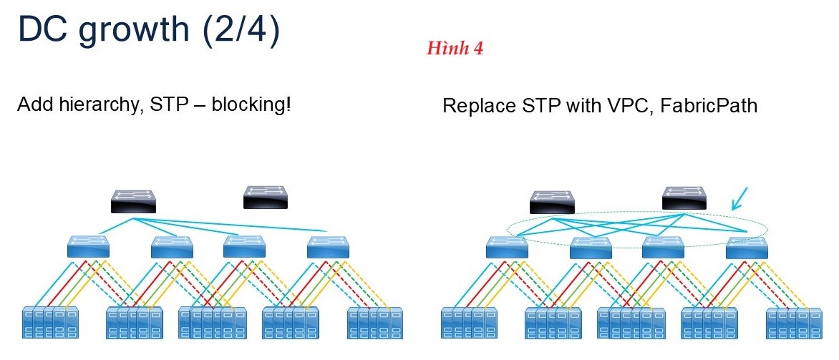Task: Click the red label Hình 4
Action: (455, 49)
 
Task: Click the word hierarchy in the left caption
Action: (99, 105)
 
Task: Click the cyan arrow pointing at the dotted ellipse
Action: (740, 198)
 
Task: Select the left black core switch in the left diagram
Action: (134, 201)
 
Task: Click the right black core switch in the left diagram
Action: (266, 197)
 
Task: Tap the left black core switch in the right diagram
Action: (553, 202)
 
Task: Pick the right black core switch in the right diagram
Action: (684, 198)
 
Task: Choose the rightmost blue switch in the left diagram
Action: (328, 247)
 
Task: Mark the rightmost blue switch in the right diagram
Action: (747, 247)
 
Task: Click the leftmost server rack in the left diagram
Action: (49, 323)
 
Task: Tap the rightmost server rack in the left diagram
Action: (374, 323)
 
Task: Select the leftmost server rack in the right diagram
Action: (467, 323)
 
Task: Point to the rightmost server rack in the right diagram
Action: (792, 323)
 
